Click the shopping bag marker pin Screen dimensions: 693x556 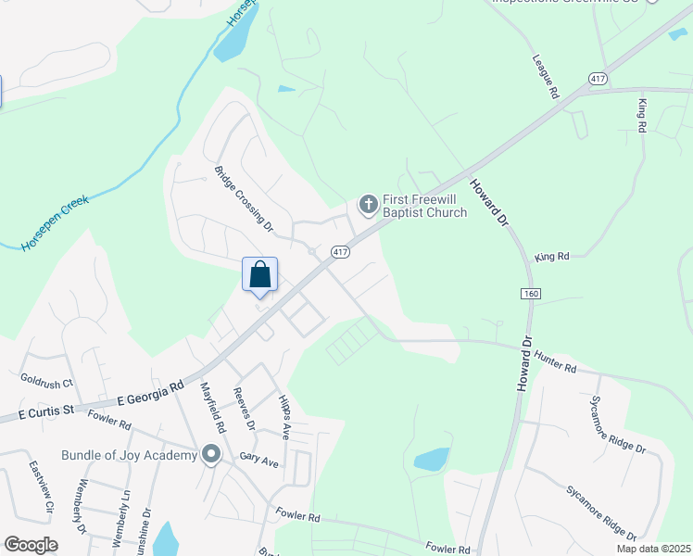pyautogui.click(x=260, y=275)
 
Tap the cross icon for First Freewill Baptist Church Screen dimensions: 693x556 pyautogui.click(x=368, y=204)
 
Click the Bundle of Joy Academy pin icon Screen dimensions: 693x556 pyautogui.click(x=211, y=455)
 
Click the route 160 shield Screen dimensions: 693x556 pyautogui.click(x=530, y=293)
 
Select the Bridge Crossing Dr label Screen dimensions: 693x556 pyautogui.click(x=245, y=198)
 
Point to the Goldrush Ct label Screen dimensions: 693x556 pyautogui.click(x=46, y=379)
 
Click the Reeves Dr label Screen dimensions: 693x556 pyautogui.click(x=246, y=410)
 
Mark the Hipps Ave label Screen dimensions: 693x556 pyautogui.click(x=284, y=416)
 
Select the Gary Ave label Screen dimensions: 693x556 pyautogui.click(x=259, y=460)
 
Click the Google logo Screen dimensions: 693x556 pyautogui.click(x=31, y=545)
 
